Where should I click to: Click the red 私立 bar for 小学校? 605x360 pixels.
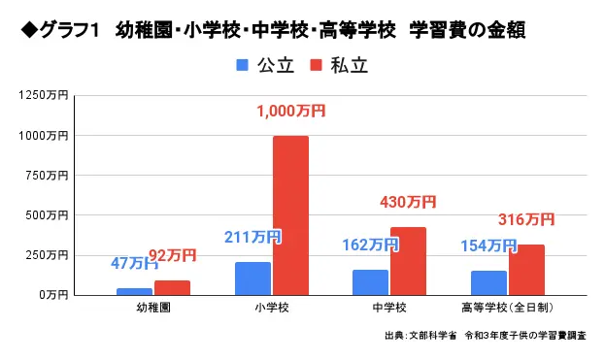[290, 214]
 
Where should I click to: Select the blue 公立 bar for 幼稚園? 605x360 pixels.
[134, 290]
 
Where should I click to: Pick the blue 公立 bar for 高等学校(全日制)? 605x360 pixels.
[488, 281]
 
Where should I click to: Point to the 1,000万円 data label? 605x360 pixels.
[290, 112]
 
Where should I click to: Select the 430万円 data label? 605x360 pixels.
[407, 203]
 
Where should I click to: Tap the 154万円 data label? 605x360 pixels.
[487, 245]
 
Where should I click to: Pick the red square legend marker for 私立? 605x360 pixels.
[314, 66]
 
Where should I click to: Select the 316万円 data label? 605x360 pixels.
[525, 219]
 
